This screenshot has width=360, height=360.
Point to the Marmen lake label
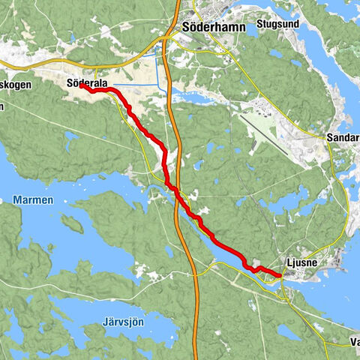(x=33, y=200)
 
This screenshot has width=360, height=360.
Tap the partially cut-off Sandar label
(x=343, y=139)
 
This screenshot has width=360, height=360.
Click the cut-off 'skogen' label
(x=16, y=85)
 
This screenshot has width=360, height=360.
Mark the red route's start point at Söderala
(x=80, y=85)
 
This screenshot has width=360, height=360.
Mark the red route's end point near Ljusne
(x=280, y=276)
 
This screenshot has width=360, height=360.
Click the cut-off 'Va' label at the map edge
(x=354, y=343)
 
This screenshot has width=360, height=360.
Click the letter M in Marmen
(x=16, y=200)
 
